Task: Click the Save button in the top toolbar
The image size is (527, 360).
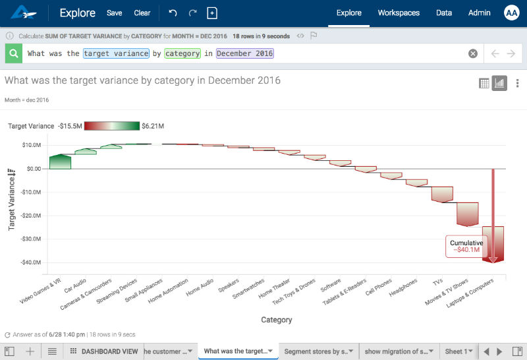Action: tap(114, 13)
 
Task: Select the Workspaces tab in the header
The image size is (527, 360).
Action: tap(399, 13)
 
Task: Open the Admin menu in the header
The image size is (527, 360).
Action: tap(478, 13)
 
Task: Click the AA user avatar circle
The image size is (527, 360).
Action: tap(512, 13)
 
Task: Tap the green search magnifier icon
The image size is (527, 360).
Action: tap(13, 53)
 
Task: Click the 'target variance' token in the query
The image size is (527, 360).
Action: tap(116, 53)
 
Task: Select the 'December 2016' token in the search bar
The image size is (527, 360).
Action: tap(244, 53)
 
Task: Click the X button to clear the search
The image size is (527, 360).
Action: tap(472, 53)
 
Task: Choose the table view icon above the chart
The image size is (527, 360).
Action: tap(484, 83)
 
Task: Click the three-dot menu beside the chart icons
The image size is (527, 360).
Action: tap(517, 83)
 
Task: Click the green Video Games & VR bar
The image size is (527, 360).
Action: tap(60, 162)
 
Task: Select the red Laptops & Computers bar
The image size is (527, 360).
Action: tap(493, 244)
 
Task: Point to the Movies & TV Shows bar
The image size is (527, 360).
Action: tap(467, 214)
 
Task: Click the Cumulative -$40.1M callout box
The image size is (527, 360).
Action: tap(466, 246)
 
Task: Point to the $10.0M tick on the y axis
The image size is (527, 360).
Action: tap(32, 145)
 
